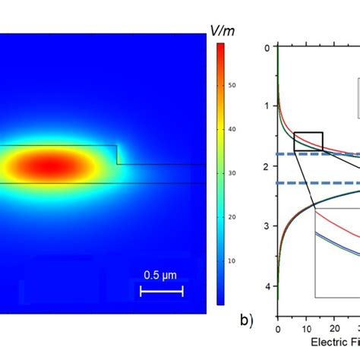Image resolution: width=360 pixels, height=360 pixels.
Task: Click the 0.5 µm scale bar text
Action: [x=161, y=275]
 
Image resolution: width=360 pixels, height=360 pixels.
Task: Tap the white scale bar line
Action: [x=161, y=291]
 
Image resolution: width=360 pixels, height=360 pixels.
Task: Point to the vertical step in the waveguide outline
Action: [x=117, y=154]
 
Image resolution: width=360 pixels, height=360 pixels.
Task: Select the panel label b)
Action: [x=246, y=320]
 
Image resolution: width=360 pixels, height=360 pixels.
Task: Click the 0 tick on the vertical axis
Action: [x=267, y=47]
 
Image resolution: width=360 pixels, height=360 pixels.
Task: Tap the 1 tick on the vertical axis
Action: [x=267, y=106]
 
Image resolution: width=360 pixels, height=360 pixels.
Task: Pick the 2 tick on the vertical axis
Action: [x=267, y=166]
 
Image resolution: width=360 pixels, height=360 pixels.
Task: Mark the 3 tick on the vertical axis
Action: [x=267, y=226]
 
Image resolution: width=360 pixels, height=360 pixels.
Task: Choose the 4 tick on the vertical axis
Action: [x=267, y=286]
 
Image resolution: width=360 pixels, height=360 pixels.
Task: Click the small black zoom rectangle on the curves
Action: [x=308, y=141]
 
